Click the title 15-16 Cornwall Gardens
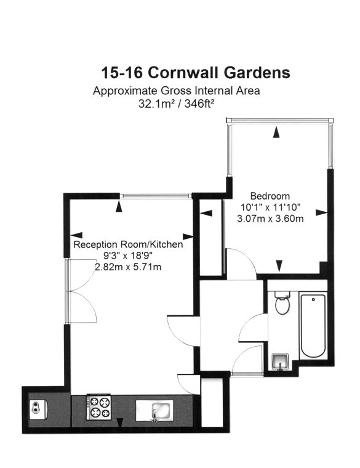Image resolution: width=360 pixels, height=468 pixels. click(196, 73)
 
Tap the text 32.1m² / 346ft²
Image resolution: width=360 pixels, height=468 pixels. click(176, 104)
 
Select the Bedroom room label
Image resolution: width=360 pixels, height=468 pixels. click(266, 196)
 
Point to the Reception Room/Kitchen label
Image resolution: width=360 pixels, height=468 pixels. click(128, 244)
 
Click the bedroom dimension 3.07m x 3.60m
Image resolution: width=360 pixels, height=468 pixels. click(270, 218)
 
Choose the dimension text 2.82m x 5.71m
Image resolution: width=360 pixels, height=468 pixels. click(128, 267)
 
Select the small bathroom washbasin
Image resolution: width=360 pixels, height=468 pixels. click(281, 361)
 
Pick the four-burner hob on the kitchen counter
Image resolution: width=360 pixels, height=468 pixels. click(100, 408)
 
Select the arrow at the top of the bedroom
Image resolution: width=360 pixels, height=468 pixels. click(278, 131)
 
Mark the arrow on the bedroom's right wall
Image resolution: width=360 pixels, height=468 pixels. click(321, 213)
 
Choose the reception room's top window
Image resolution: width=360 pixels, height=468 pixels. click(156, 196)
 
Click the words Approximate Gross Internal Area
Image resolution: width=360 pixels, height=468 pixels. click(176, 91)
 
